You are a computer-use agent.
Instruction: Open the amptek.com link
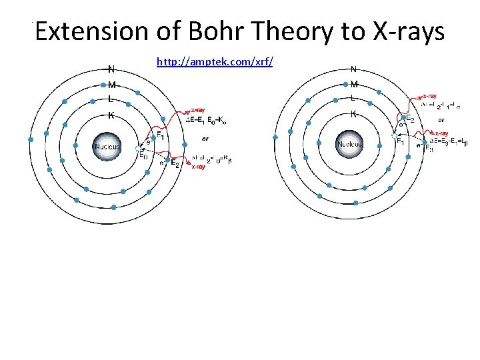pos(215,61)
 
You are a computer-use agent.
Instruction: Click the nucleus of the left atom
pos(107,147)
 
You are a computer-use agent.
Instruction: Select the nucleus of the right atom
pos(349,144)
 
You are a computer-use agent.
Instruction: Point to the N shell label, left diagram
pos(111,68)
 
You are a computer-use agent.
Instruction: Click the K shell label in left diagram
pos(111,115)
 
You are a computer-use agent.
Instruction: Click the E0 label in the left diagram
pos(143,156)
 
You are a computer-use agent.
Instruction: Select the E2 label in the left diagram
pos(175,163)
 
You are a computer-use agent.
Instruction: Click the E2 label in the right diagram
pos(410,119)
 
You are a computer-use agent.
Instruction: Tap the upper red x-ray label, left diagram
pos(198,110)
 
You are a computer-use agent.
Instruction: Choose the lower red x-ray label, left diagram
pos(198,167)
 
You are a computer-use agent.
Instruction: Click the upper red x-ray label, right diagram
pos(429,97)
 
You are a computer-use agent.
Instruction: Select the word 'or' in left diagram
pos(205,139)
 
